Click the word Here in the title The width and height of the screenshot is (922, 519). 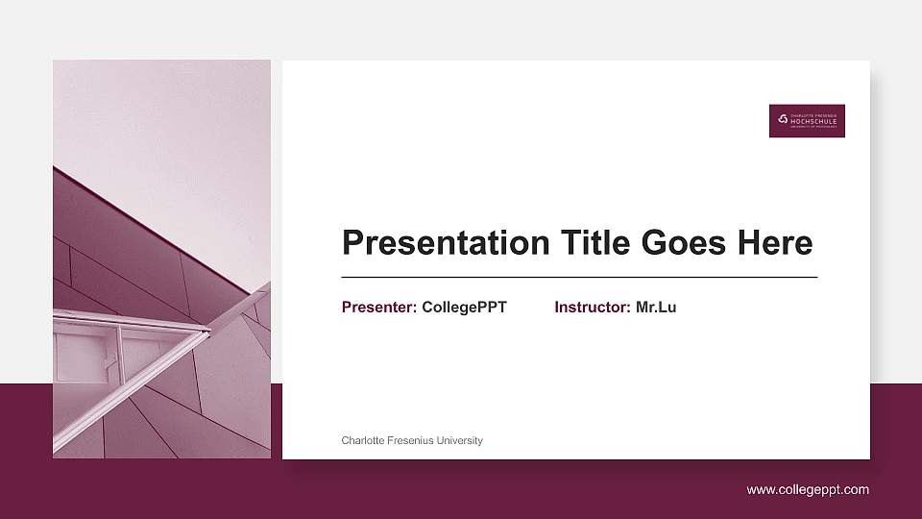(775, 243)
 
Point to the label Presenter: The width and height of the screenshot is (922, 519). (379, 308)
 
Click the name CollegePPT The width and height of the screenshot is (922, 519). (464, 308)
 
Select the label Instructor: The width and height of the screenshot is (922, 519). (593, 308)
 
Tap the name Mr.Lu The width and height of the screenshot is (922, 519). (656, 308)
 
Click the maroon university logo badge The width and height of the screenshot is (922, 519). (807, 120)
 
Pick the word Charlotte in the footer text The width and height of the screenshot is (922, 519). (363, 440)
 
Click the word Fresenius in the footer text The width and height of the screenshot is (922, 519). (410, 440)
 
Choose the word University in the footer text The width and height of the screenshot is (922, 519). (458, 440)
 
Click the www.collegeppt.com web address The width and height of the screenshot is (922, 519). (808, 489)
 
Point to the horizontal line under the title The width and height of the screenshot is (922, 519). (579, 277)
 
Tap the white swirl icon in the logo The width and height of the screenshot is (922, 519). (783, 119)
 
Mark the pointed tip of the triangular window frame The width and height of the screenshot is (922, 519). (207, 333)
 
